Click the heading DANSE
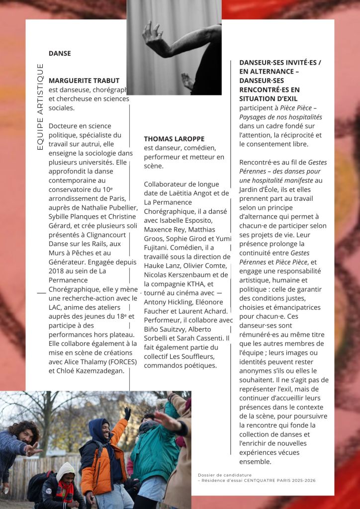(60, 53)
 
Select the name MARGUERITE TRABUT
(84, 81)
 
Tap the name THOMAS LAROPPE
(174, 139)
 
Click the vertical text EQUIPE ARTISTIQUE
(40, 106)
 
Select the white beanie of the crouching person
(65, 469)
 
